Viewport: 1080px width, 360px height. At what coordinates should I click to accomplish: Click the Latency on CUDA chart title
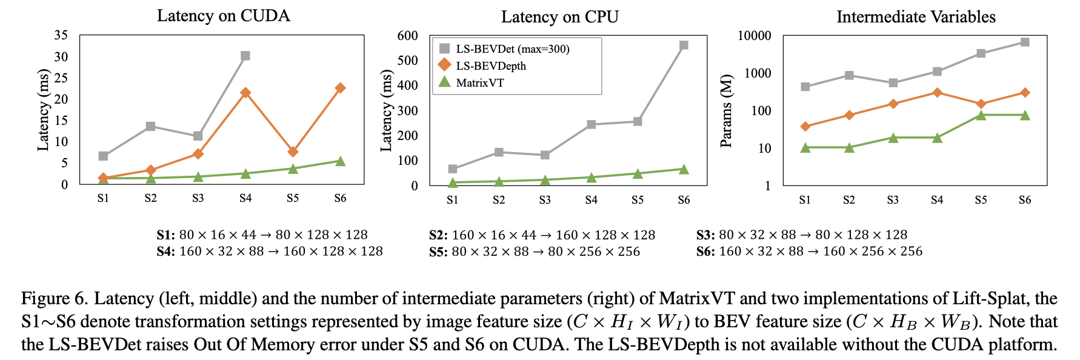point(223,15)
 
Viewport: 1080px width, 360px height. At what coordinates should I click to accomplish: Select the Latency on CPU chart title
point(559,16)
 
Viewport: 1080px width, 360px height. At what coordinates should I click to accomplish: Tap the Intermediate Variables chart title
point(916,16)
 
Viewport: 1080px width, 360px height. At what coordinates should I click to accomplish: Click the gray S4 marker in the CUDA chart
point(245,56)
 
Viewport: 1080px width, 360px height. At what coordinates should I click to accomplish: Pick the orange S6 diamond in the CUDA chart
point(340,88)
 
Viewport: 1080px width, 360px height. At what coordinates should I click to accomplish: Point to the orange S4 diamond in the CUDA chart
point(245,93)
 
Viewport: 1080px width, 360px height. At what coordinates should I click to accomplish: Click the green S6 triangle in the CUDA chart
point(340,161)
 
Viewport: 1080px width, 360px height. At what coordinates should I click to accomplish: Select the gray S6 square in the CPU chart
point(684,45)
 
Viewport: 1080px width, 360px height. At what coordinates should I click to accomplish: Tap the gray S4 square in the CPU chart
point(591,124)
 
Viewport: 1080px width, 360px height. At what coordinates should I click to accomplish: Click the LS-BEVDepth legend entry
point(490,65)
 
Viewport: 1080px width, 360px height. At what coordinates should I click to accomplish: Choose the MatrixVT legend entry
point(479,82)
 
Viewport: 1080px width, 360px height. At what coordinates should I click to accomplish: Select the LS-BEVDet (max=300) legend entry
point(512,48)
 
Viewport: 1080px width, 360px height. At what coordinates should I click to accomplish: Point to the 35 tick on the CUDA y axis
point(61,35)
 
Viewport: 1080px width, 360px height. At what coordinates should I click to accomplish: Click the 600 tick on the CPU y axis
point(407,36)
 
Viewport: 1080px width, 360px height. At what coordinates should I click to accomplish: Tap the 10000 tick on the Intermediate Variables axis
point(754,36)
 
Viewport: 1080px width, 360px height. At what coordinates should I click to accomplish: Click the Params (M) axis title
point(726,111)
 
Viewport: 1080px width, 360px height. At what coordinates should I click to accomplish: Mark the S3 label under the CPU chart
point(545,199)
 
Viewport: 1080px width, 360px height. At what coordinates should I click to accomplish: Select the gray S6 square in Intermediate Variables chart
point(1025,42)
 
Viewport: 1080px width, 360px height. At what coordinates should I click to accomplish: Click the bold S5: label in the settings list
point(438,252)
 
